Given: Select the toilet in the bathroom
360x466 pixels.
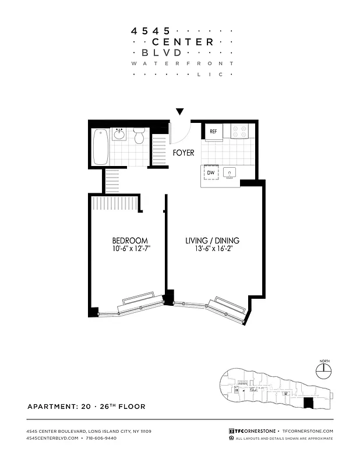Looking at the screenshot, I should click(139, 137).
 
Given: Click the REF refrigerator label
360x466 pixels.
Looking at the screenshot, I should click(214, 132).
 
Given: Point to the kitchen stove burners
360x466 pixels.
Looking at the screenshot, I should click(240, 132).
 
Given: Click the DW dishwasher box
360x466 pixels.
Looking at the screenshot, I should click(211, 172).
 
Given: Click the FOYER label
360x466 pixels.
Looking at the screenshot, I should click(183, 153).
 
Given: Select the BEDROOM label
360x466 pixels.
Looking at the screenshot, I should click(130, 241).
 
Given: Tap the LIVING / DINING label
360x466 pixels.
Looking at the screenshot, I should click(212, 241).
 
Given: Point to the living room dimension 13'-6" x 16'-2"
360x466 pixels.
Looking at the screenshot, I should click(212, 249).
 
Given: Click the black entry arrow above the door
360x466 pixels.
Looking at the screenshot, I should click(180, 111).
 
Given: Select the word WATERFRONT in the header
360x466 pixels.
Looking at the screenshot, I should click(182, 63).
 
